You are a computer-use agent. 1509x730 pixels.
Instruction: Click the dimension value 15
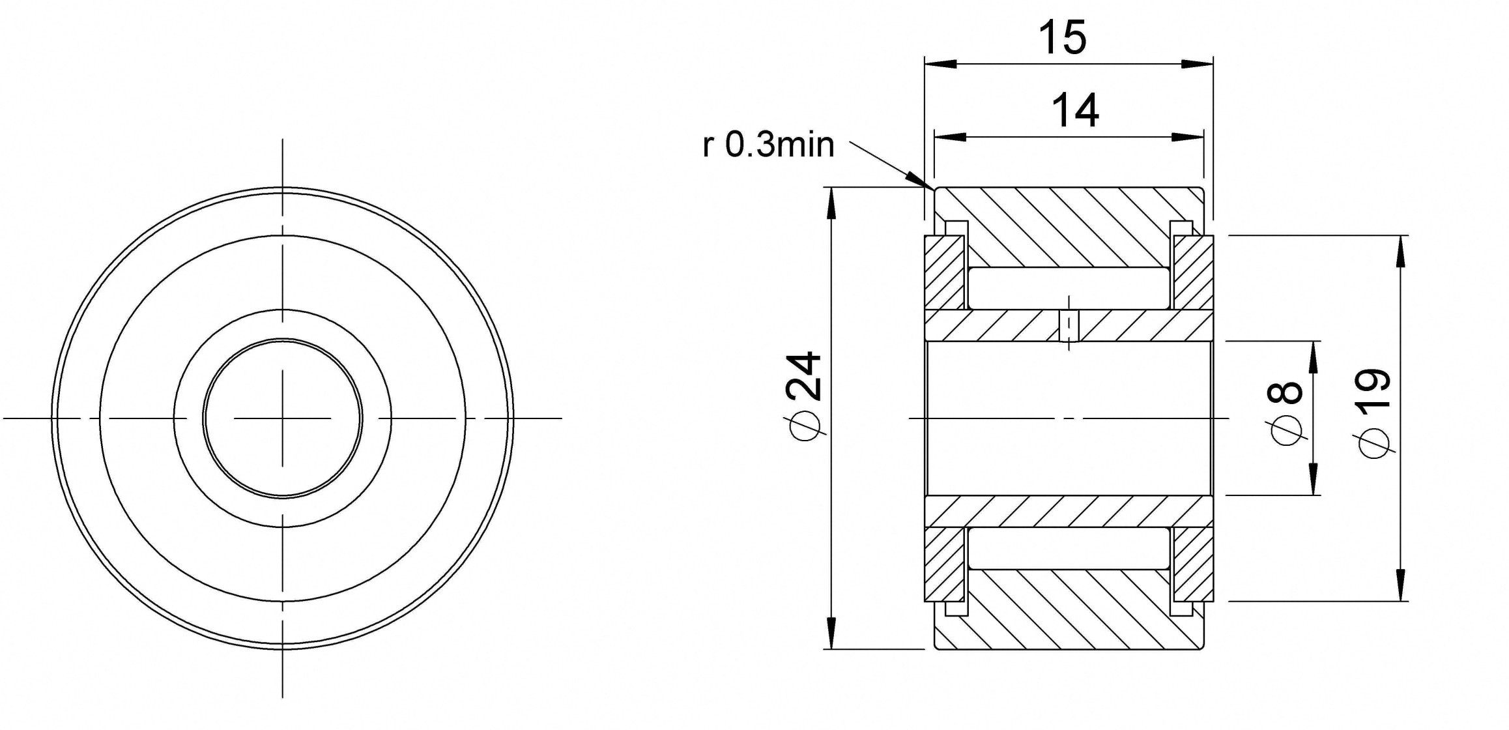point(1062,37)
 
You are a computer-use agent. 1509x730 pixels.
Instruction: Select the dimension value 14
point(1075,110)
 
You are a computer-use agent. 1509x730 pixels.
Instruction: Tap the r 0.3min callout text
point(768,145)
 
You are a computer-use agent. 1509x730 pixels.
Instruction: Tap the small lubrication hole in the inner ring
point(1069,325)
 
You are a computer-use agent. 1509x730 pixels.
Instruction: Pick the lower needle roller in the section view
point(1069,548)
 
